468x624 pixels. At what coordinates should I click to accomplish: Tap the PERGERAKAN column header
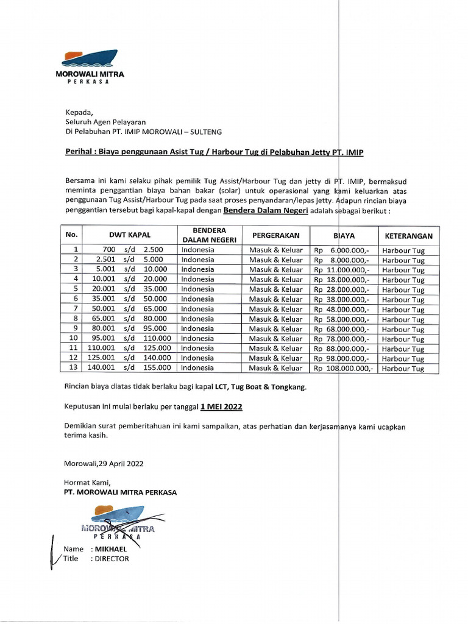pyautogui.click(x=275, y=235)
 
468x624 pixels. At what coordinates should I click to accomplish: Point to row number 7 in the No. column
pyautogui.click(x=76, y=309)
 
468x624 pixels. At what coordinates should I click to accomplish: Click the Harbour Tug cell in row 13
pyautogui.click(x=403, y=369)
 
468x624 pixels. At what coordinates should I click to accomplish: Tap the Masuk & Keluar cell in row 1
pyautogui.click(x=275, y=250)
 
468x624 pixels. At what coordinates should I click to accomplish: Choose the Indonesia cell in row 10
pyautogui.click(x=197, y=339)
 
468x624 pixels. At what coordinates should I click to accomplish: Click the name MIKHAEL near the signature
pyautogui.click(x=110, y=549)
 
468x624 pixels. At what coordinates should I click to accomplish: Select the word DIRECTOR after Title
pyautogui.click(x=112, y=559)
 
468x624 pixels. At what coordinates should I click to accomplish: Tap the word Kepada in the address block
pyautogui.click(x=79, y=112)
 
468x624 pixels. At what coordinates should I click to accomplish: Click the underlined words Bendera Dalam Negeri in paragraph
pyautogui.click(x=266, y=210)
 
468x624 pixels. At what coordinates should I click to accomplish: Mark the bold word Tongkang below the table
pyautogui.click(x=290, y=387)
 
